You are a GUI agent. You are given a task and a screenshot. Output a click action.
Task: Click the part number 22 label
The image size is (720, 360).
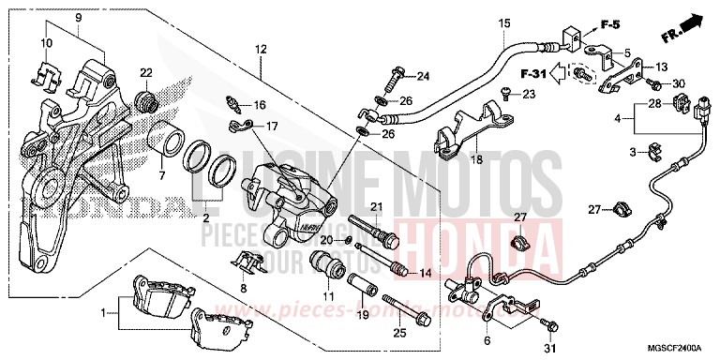coord(145,72)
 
